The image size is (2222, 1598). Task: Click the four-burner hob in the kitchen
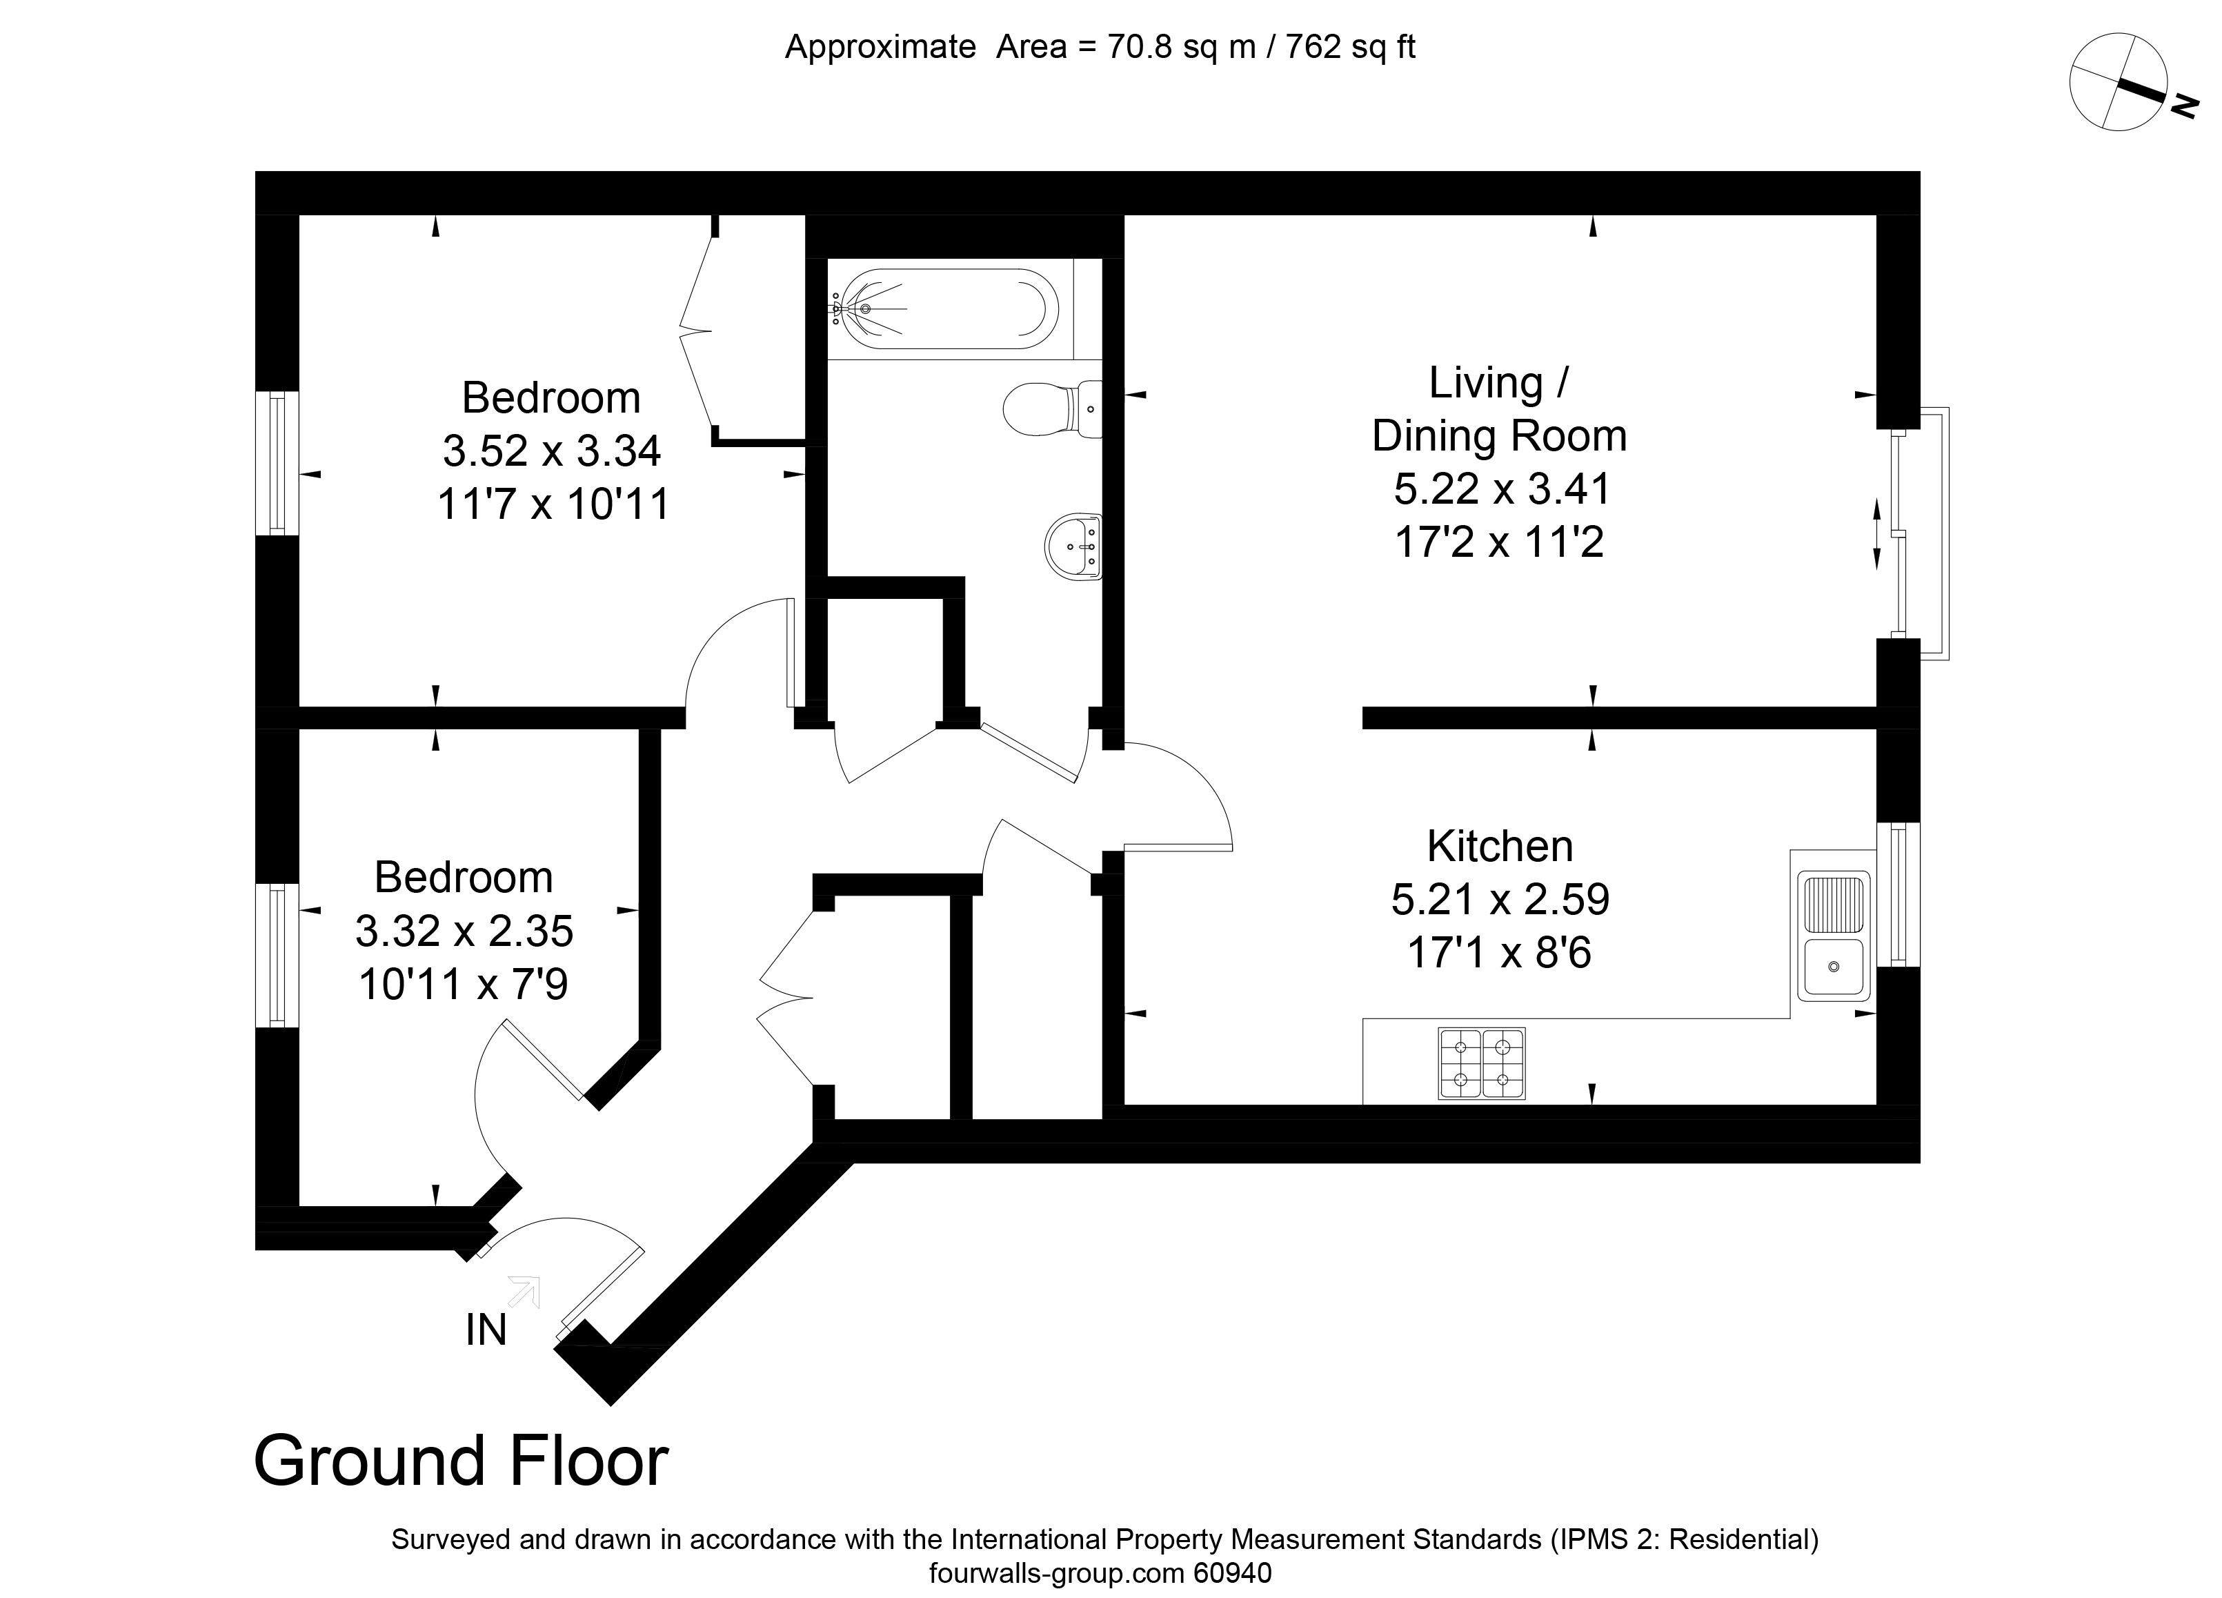coord(1481,1063)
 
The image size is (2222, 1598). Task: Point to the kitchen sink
coord(1832,935)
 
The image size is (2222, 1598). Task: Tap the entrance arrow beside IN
coord(524,1292)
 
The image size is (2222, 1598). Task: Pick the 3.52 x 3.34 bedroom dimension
coord(552,451)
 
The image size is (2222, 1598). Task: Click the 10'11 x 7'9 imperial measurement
coord(464,984)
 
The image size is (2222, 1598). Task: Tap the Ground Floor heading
coord(460,1460)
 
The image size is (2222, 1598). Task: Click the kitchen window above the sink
coord(1898,894)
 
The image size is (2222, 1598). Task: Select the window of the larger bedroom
coord(277,464)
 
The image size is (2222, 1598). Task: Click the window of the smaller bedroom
coord(277,955)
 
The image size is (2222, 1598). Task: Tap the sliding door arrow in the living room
coord(1877,534)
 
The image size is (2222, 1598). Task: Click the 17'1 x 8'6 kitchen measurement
coord(1500,952)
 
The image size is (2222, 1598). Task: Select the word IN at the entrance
coord(486,1330)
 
